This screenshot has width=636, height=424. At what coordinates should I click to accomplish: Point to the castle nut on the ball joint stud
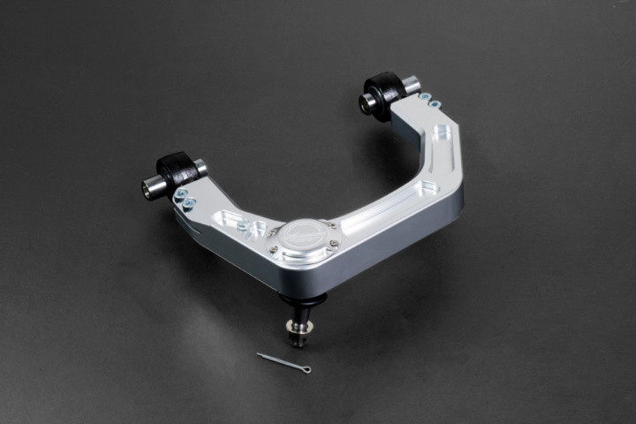[296, 334]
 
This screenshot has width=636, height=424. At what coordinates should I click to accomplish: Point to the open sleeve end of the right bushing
[365, 102]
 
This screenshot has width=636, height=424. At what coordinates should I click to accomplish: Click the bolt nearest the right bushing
[425, 96]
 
